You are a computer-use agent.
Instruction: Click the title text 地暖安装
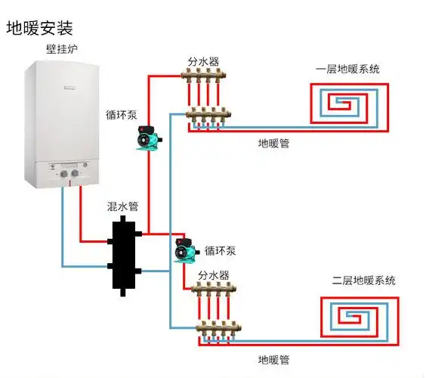(x=39, y=28)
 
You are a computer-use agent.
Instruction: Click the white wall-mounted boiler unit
(x=61, y=121)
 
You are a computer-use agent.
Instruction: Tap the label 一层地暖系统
(x=347, y=70)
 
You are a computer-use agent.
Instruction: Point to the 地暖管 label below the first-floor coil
(x=273, y=142)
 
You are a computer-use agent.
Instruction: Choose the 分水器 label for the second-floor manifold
(x=215, y=275)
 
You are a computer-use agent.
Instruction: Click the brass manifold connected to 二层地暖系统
(x=218, y=310)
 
